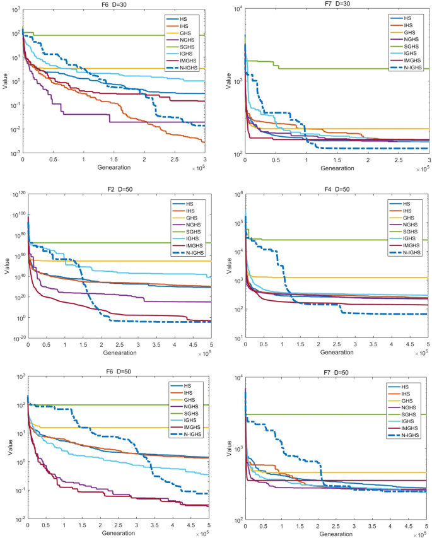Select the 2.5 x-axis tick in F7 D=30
(398, 161)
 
